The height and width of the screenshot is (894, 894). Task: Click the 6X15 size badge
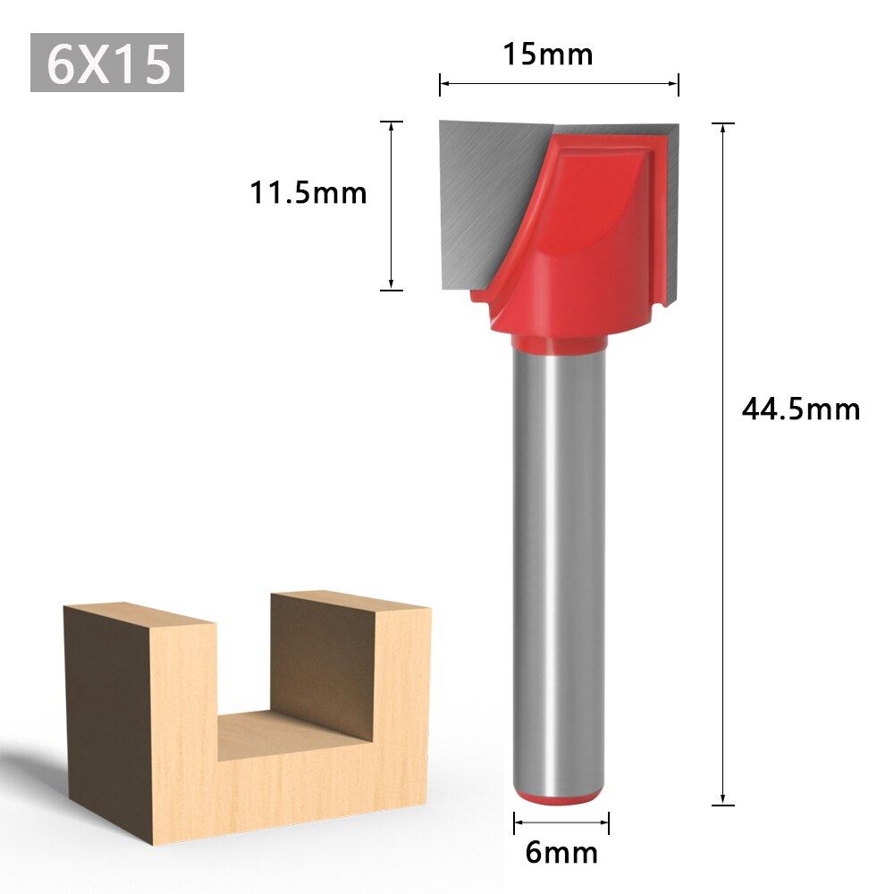coord(107,63)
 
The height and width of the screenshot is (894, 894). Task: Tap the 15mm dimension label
coord(547,55)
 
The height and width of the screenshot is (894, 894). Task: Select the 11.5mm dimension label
coord(308,192)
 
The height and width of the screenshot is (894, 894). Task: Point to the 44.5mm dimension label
coord(800,409)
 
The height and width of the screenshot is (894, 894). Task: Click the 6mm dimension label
coord(561,852)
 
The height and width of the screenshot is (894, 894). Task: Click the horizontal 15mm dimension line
coord(559,84)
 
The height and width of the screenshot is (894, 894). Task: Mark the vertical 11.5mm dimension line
coord(392,206)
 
